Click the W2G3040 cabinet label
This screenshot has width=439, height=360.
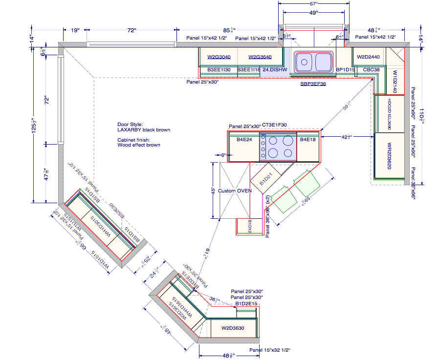[219, 57]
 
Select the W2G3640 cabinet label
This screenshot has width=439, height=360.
[260, 57]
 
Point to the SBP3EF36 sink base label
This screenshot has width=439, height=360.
[313, 84]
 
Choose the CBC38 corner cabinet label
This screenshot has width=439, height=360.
[371, 70]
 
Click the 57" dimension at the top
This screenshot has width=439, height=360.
[313, 3]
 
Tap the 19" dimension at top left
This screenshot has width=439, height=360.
[75, 31]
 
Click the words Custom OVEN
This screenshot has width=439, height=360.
[235, 191]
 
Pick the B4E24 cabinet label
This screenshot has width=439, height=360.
[244, 140]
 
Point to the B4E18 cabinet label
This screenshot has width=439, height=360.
[308, 140]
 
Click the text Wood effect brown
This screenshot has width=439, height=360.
[139, 145]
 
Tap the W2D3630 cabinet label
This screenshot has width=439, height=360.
[233, 328]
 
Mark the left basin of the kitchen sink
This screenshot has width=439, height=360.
[305, 62]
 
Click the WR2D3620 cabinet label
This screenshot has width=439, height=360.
[389, 156]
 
